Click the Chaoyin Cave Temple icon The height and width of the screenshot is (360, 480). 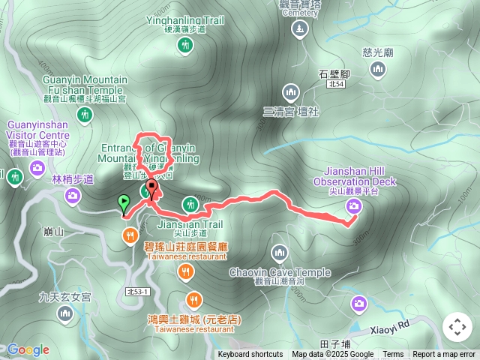point(280,252)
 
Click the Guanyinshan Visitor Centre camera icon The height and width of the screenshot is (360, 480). point(37,169)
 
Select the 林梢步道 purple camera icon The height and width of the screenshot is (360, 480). point(73,196)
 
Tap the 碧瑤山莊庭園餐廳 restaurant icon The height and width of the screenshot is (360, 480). point(130,237)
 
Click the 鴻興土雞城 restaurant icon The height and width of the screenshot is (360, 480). point(193,300)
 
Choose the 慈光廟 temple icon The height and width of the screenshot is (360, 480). point(378,70)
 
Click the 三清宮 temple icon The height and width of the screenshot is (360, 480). point(291,93)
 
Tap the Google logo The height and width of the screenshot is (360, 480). point(28,349)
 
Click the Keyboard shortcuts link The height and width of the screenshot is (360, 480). point(250,355)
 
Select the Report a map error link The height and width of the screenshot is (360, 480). point(444,355)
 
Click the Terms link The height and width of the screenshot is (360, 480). point(393,355)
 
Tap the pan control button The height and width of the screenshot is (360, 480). point(457,328)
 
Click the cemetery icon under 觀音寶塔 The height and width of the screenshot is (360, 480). point(300,29)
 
